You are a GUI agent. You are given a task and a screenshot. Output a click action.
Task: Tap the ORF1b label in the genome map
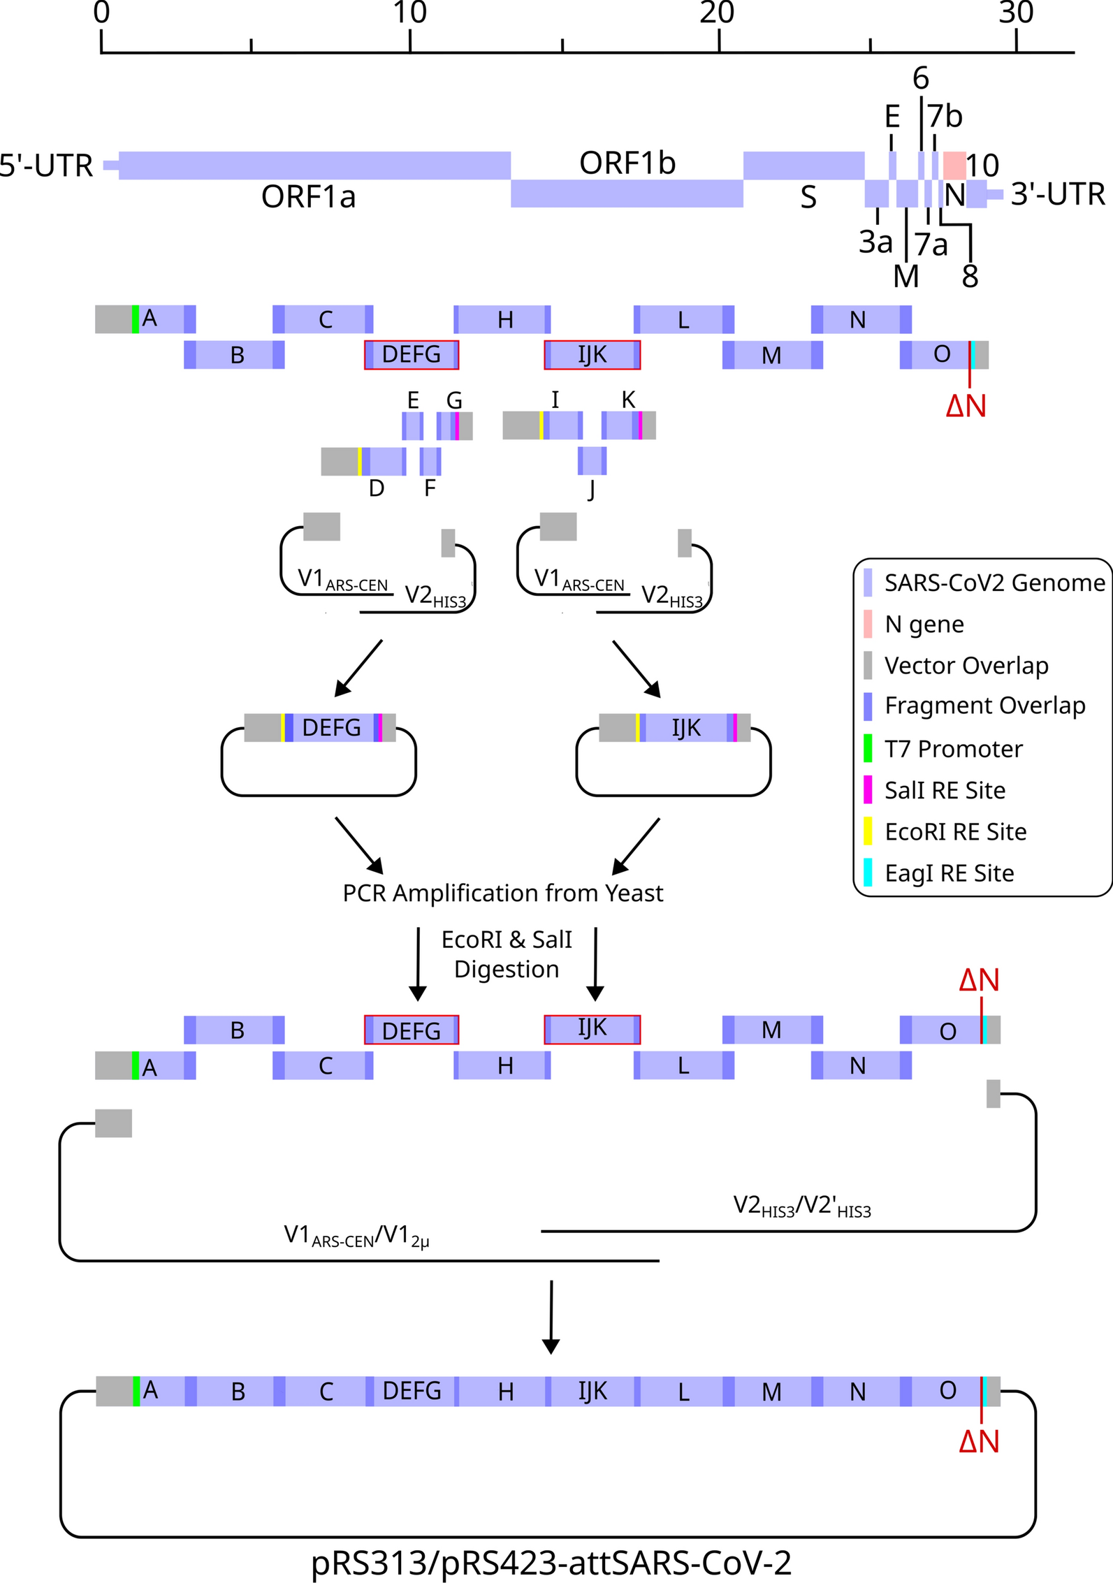point(627,163)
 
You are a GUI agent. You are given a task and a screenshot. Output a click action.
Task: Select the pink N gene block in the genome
point(954,165)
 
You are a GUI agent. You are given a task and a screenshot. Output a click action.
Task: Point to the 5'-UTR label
point(46,166)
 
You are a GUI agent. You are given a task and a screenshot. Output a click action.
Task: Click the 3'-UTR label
point(1057,194)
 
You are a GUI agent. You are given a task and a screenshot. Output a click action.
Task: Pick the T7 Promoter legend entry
point(953,749)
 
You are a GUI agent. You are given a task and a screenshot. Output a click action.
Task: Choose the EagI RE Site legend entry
point(949,873)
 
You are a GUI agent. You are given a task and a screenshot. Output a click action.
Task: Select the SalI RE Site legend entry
point(945,790)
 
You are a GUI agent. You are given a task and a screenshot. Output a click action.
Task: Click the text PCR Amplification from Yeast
point(502,893)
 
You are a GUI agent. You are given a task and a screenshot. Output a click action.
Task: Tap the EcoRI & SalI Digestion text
point(507,954)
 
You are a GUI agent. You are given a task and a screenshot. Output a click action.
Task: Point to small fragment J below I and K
point(592,461)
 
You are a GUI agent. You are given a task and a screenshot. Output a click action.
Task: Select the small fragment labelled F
point(430,462)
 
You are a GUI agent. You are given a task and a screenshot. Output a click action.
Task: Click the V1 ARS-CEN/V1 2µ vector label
point(356,1236)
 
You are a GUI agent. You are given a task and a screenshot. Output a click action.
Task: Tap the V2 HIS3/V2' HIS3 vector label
point(801,1206)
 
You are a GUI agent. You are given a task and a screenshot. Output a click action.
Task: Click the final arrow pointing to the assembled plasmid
point(551,1318)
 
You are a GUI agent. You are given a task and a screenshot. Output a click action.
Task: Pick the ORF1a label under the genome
point(308,197)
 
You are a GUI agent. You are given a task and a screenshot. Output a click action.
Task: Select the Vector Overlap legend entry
point(966,666)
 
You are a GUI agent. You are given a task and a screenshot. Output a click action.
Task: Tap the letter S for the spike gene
point(808,198)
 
